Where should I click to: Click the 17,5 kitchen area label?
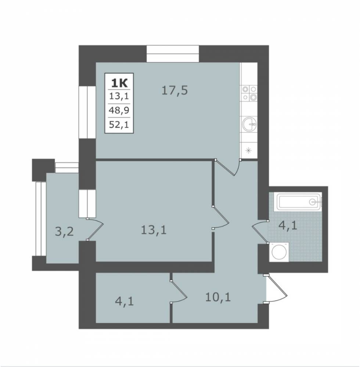(175, 91)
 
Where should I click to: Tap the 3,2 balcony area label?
(64, 232)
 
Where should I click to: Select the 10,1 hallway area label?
(218, 297)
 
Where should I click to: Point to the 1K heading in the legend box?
(119, 83)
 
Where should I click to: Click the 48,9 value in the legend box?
(119, 110)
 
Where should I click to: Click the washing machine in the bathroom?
(279, 252)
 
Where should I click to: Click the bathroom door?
(260, 232)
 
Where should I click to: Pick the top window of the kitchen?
(173, 54)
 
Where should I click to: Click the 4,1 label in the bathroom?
(288, 226)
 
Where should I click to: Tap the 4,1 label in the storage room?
(125, 301)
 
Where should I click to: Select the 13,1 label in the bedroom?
(154, 230)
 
